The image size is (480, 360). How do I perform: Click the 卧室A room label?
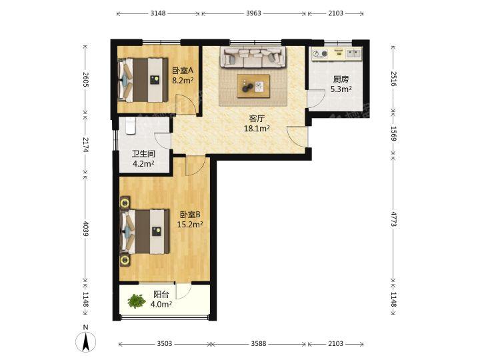click(183, 71)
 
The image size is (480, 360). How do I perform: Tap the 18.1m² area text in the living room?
click(257, 129)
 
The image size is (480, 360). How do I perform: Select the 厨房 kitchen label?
click(341, 79)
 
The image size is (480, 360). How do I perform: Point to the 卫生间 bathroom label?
click(143, 154)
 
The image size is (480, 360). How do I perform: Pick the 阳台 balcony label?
click(161, 295)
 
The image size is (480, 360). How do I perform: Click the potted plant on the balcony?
click(137, 301)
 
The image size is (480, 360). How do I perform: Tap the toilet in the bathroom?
click(131, 125)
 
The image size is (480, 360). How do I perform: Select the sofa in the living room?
click(253, 57)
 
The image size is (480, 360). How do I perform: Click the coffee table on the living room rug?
click(253, 86)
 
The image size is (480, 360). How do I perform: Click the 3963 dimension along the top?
click(253, 13)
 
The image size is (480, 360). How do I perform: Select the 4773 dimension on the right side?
click(393, 219)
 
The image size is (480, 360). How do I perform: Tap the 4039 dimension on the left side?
click(85, 229)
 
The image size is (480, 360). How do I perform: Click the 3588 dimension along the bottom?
click(259, 344)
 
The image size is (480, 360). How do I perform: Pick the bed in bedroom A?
click(143, 80)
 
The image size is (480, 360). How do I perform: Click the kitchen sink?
click(353, 53)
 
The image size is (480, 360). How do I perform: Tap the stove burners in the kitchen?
click(320, 53)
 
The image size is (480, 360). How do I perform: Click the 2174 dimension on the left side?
click(85, 145)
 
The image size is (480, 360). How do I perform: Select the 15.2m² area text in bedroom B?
click(190, 225)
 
